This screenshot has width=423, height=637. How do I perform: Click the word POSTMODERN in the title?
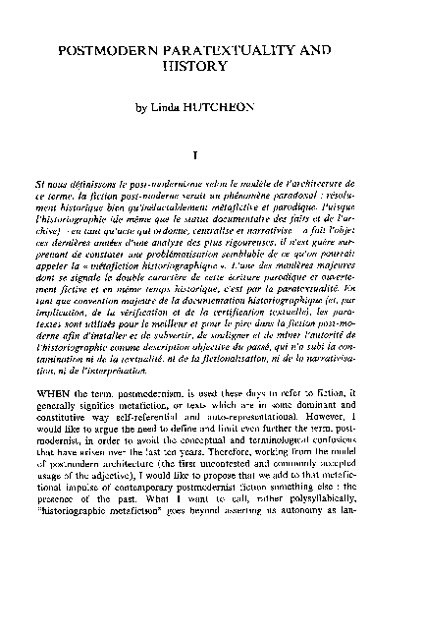click(x=111, y=48)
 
